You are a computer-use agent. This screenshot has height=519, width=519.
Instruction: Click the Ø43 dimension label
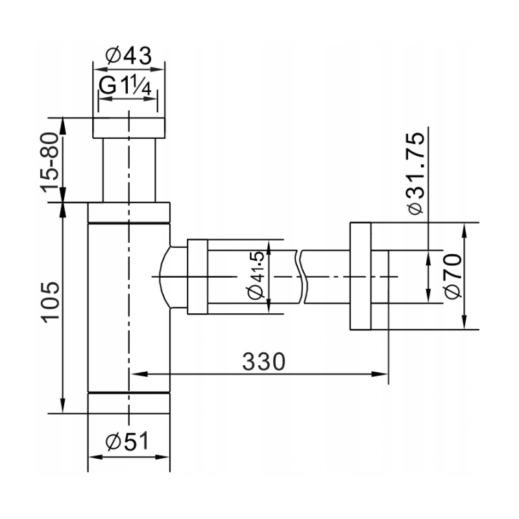coord(128,56)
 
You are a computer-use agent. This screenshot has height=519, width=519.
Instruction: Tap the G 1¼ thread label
coord(128,86)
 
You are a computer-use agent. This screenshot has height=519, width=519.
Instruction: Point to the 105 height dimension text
coord(50,301)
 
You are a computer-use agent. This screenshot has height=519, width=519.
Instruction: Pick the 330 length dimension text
coord(264,361)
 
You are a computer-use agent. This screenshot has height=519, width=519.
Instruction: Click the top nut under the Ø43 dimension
coord(128,128)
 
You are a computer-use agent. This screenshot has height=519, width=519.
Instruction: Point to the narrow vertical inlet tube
coord(128,170)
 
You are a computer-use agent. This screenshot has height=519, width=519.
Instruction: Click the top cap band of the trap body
coord(128,213)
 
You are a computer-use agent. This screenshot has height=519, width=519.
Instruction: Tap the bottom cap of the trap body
coord(128,402)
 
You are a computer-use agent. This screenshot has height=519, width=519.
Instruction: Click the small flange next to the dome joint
coord(197,277)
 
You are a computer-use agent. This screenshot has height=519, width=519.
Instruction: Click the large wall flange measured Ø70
coord(360,277)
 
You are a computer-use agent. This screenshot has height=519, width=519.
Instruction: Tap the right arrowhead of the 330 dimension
coord(383,374)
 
